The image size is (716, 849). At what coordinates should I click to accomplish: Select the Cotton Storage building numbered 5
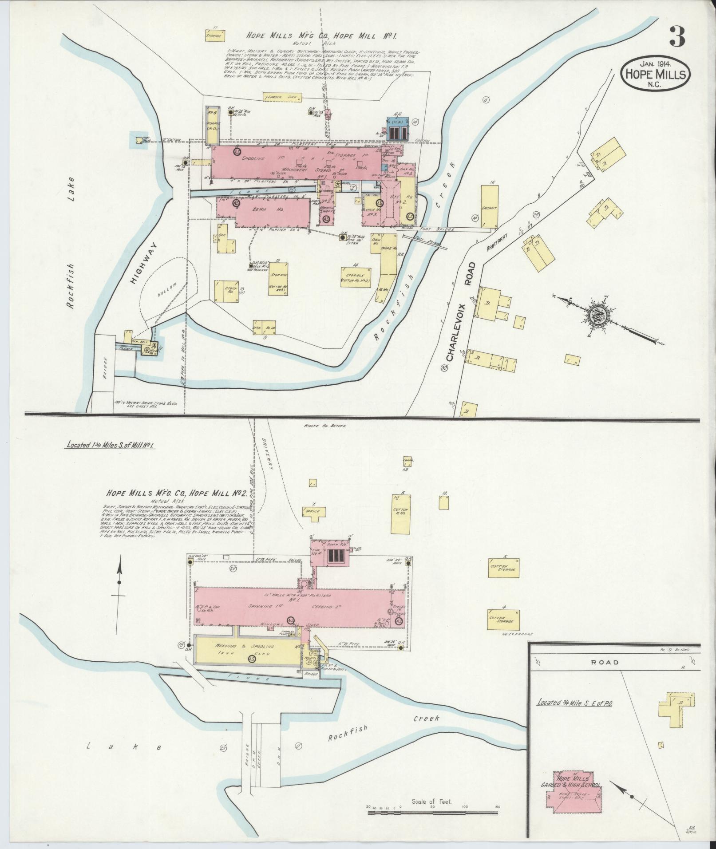point(503,567)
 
